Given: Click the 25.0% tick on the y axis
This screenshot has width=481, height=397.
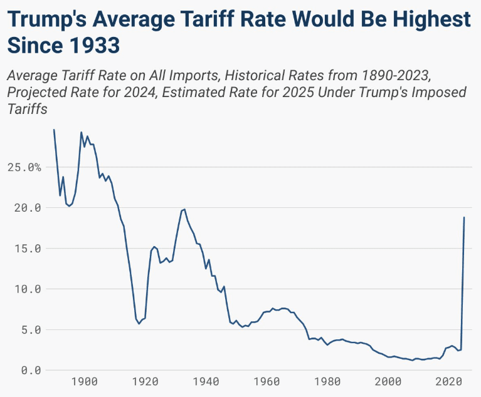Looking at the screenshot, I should (x=24, y=168).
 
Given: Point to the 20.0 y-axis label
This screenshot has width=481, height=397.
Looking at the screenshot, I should (x=24, y=208).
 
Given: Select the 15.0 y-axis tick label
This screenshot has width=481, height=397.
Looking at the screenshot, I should (x=24, y=249).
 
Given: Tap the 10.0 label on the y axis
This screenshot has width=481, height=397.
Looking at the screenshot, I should (x=24, y=289).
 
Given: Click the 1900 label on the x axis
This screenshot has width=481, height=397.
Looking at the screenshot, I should (x=85, y=382).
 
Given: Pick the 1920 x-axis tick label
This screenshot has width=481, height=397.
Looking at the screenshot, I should (x=145, y=382).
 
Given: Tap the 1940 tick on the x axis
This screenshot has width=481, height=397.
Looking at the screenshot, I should (x=206, y=382).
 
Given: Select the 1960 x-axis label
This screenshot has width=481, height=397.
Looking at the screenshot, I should (x=267, y=382).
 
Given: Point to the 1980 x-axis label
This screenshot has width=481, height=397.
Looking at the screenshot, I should (x=328, y=382).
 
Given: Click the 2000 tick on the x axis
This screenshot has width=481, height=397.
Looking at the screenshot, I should (x=389, y=382).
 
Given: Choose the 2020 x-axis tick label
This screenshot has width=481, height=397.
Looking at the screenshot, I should (x=450, y=382).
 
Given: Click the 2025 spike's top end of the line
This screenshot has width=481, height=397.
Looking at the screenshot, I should (x=464, y=217).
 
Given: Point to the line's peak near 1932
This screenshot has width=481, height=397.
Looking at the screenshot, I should (x=184, y=209).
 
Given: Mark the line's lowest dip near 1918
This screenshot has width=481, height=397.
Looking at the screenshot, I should (x=139, y=323).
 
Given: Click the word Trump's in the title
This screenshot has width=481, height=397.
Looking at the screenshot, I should (x=47, y=20).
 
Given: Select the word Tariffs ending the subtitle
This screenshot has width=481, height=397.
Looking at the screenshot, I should (x=28, y=108).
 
